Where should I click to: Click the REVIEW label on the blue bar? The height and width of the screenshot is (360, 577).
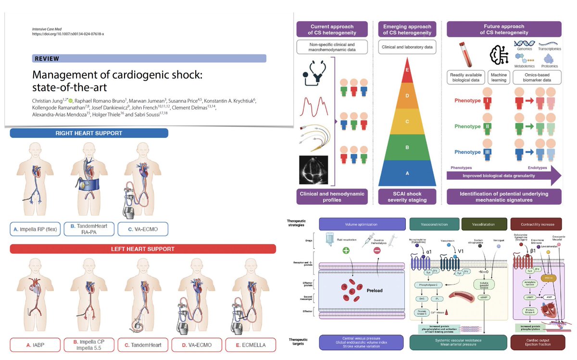tap(47, 59)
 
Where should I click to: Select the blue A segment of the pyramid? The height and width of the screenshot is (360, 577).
tap(407, 173)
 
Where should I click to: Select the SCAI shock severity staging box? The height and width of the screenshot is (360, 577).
tap(407, 197)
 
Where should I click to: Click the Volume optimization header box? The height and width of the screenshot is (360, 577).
tap(362, 223)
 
